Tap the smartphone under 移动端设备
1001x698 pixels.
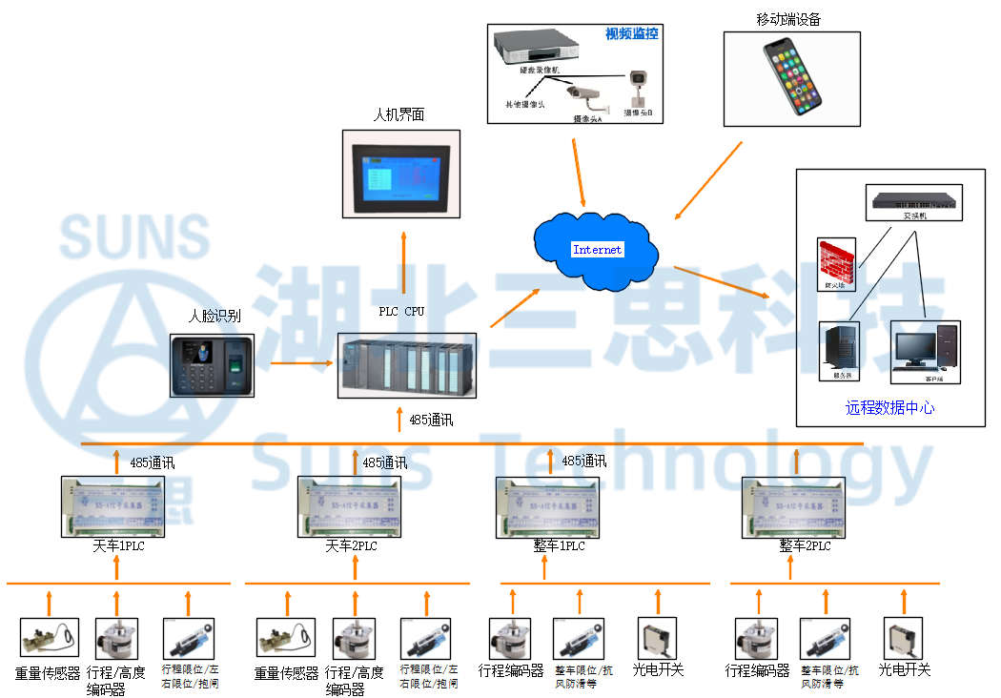[792, 78]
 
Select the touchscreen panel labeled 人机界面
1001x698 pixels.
[400, 177]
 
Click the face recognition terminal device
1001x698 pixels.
[213, 364]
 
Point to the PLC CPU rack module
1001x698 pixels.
[407, 365]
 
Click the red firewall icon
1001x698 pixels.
[836, 263]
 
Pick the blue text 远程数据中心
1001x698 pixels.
[889, 408]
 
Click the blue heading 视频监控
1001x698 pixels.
[632, 34]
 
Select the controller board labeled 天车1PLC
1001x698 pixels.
[117, 506]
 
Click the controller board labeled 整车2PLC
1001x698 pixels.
[793, 506]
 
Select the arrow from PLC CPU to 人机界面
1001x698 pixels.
[402, 262]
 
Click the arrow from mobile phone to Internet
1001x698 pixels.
[707, 180]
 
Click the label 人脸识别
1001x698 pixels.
[214, 316]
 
